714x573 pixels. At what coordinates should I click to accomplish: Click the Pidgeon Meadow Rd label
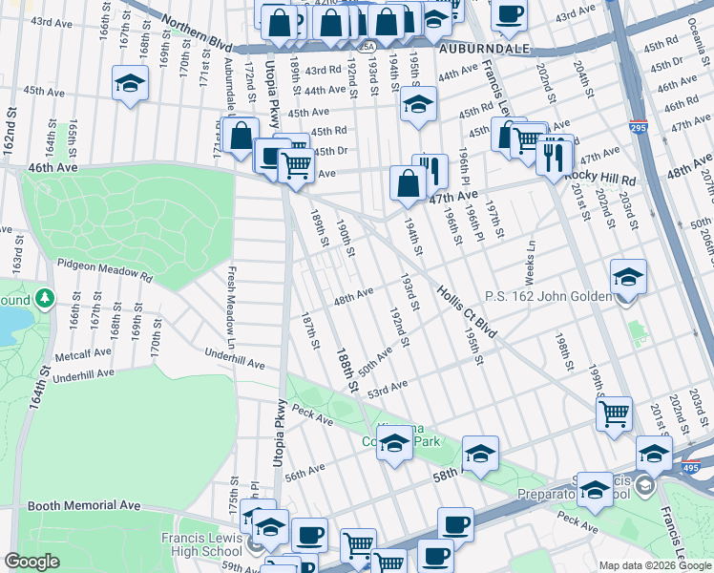coord(105,269)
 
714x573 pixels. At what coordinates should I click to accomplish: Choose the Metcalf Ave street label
coord(80,356)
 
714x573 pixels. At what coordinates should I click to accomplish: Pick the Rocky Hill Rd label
coord(599,179)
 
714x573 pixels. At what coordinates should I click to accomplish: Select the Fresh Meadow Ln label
coord(231,305)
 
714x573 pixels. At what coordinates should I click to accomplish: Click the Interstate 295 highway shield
coord(638,126)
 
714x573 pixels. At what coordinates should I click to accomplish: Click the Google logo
coord(32,562)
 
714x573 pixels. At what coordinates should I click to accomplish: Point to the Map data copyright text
coord(654,565)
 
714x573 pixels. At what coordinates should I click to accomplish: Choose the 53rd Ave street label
coord(388,387)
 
